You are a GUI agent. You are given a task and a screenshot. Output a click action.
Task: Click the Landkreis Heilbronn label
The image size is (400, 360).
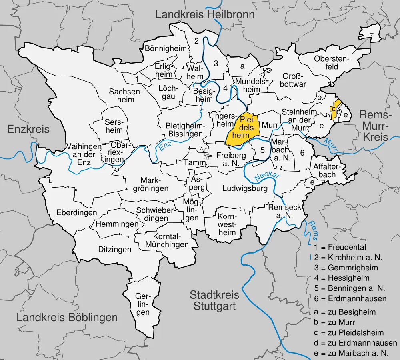205,15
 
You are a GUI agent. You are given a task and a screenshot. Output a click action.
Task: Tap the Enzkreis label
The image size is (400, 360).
28,129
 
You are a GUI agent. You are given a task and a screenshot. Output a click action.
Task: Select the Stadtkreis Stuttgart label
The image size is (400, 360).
214,301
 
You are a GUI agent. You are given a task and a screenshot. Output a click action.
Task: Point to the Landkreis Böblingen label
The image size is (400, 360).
67,318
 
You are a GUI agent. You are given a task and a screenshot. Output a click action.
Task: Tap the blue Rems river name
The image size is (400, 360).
312,228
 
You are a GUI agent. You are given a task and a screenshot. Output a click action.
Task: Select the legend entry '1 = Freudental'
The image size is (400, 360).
340,247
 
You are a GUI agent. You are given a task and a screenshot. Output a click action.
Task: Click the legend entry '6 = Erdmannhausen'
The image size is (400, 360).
350,298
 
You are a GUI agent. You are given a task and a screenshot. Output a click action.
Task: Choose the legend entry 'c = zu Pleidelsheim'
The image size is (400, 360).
349,333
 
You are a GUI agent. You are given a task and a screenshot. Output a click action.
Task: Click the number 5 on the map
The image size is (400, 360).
262,150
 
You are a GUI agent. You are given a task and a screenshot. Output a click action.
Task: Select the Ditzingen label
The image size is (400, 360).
115,250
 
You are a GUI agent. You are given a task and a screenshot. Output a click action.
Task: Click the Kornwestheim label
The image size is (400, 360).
227,224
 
